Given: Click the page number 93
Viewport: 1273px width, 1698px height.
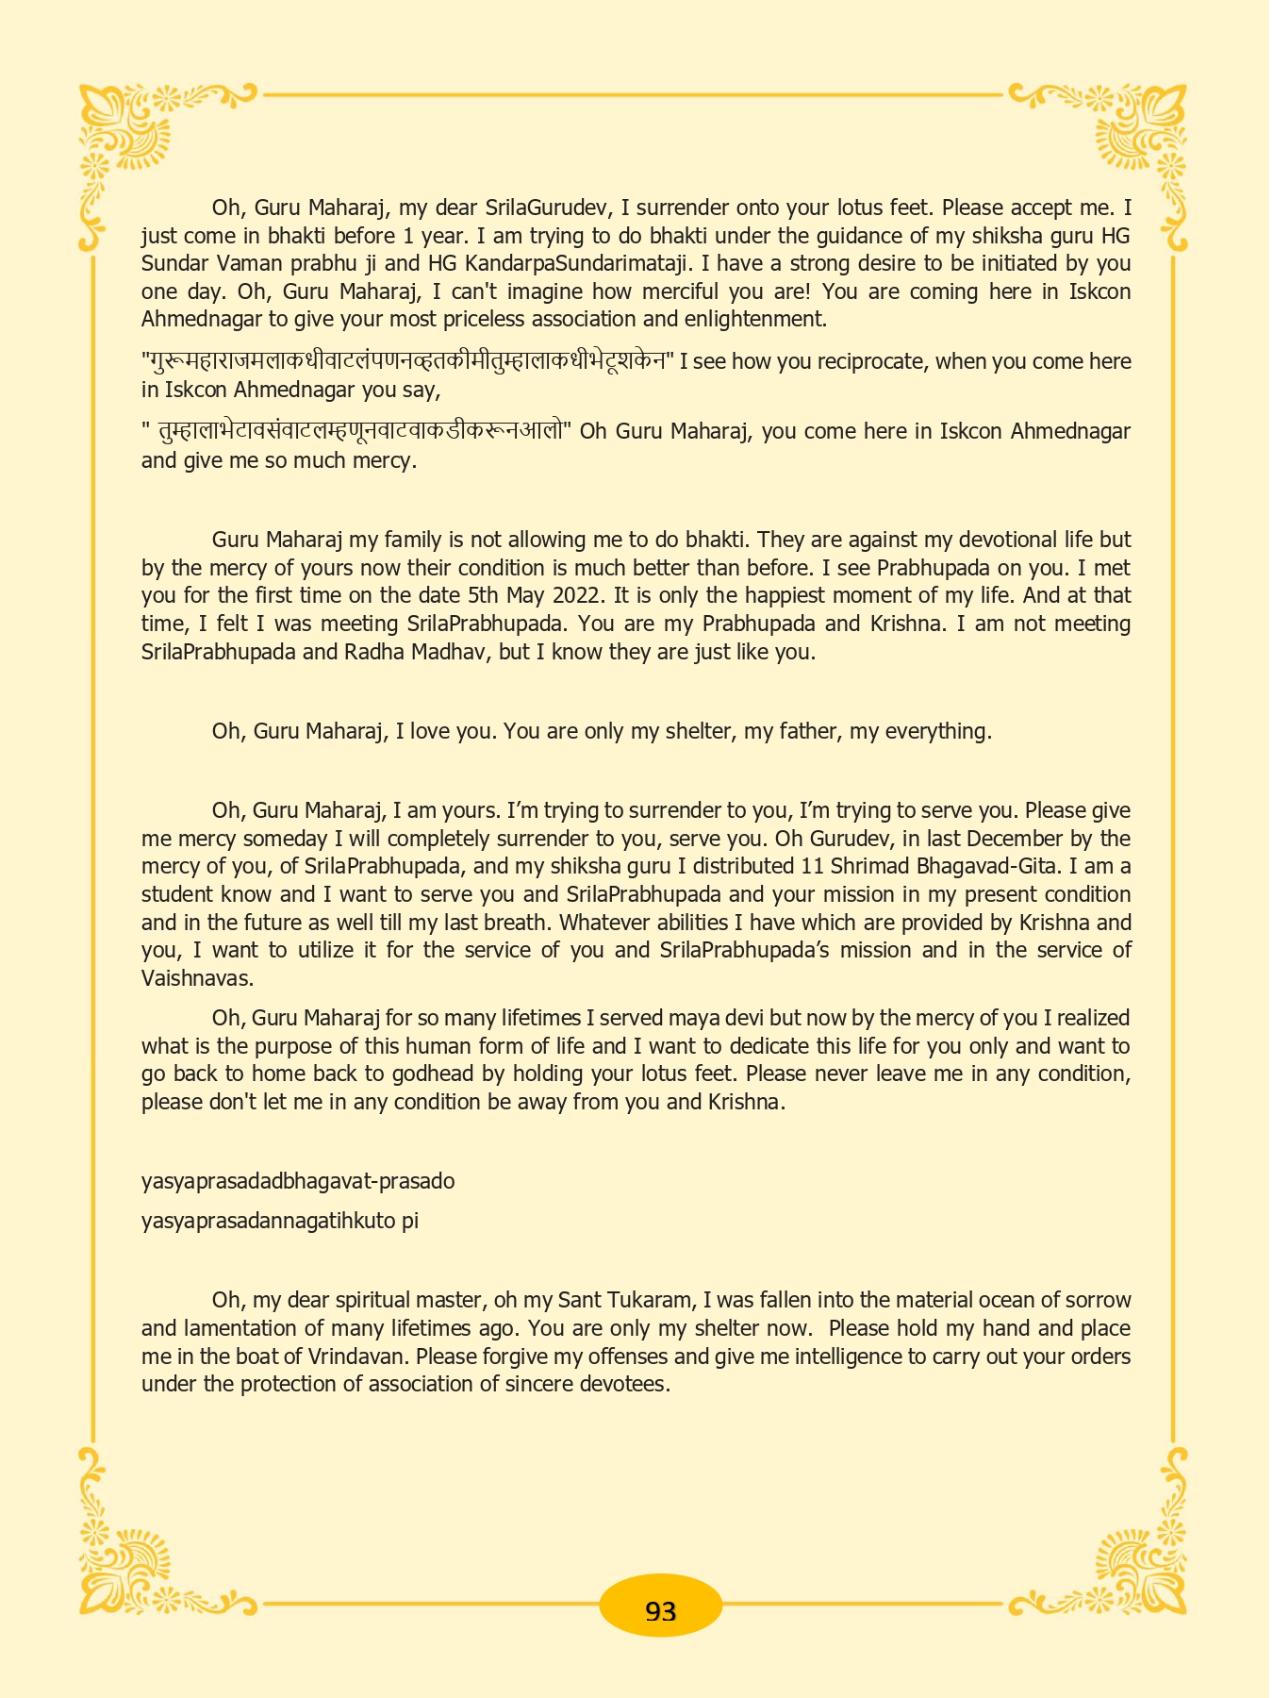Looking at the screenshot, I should click(x=660, y=1610).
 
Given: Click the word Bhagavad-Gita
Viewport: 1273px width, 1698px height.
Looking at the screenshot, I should click(x=976, y=866).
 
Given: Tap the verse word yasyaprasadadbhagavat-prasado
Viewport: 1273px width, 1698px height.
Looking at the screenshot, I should click(x=298, y=1181).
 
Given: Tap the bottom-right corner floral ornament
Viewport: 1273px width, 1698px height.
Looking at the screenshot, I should click(x=1141, y=1566).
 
